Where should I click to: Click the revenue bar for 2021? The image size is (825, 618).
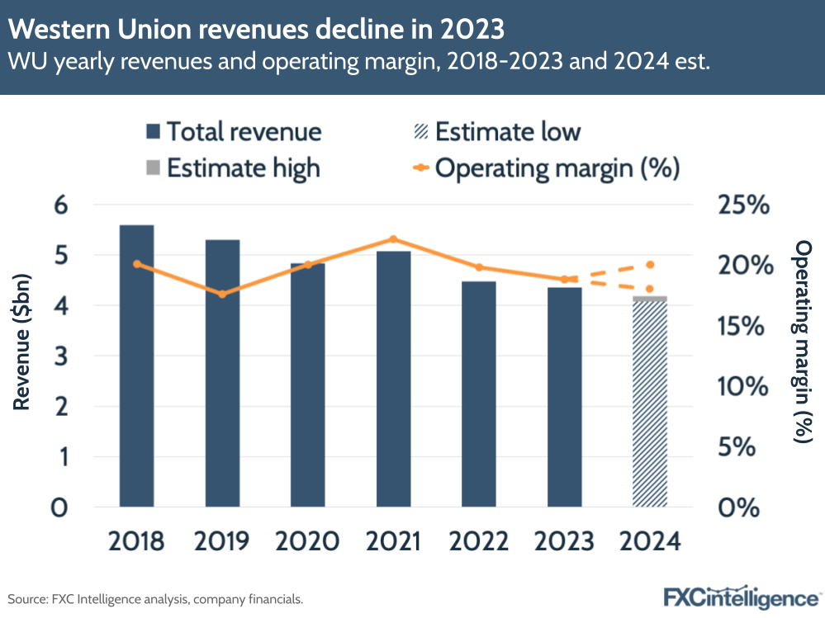[393, 379]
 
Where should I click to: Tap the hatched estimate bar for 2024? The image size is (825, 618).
[649, 404]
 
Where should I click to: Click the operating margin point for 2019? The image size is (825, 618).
[222, 294]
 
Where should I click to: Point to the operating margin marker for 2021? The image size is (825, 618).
[393, 239]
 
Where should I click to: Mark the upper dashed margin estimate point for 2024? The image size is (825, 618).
[650, 265]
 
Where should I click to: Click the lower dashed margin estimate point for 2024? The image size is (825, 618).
[650, 289]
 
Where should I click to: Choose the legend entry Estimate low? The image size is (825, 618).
[495, 131]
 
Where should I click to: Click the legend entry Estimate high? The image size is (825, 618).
[232, 167]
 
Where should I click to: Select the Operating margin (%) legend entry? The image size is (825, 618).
[545, 167]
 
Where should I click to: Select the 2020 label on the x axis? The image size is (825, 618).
[307, 541]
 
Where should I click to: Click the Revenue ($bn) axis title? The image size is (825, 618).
[22, 356]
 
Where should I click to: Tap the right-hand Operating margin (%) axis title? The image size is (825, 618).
[804, 342]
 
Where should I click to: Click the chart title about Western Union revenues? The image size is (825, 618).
[257, 30]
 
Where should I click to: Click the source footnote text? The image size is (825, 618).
[156, 598]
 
